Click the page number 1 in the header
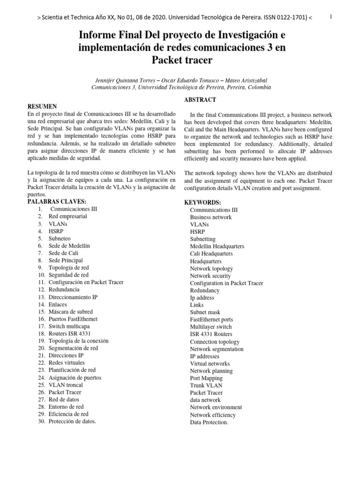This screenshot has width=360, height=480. coord(331,17)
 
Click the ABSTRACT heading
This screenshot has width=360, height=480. coord(200,100)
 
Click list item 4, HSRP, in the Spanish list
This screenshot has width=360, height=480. coord(55,231)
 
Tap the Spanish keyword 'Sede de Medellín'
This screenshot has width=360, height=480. coord(69,246)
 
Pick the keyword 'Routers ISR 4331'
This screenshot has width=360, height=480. coord(70,333)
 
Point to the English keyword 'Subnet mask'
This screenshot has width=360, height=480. coord(205,312)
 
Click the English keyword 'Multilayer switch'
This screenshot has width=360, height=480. coord(210,327)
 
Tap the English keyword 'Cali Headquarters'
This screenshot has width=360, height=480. coord(211,254)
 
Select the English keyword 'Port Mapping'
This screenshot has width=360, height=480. coord(206,378)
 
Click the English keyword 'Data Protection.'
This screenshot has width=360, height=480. coord(209,422)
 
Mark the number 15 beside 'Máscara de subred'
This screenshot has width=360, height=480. coord(41,312)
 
